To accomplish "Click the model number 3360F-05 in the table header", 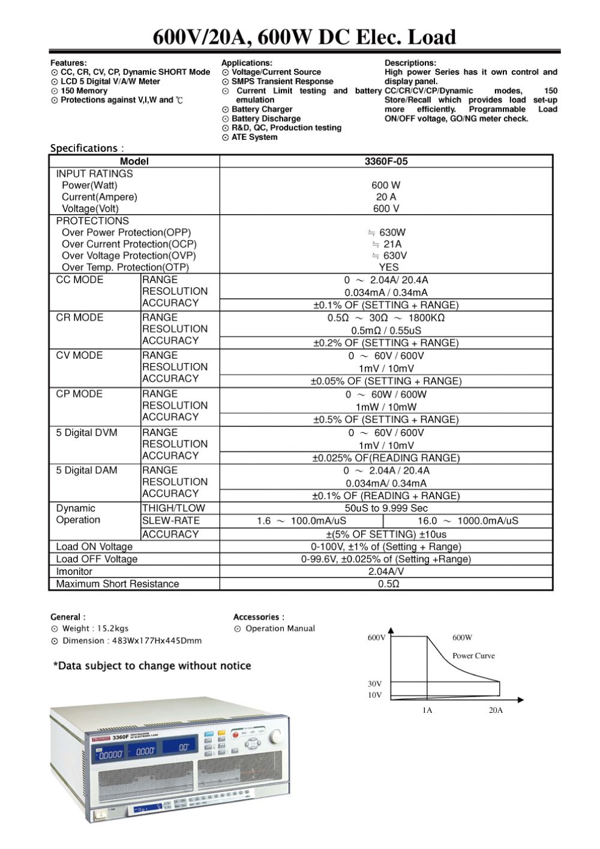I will pyautogui.click(x=386, y=161).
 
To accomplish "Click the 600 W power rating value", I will pyautogui.click(x=386, y=185).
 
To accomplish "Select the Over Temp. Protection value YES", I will pyautogui.click(x=388, y=268).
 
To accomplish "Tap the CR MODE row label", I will pyautogui.click(x=80, y=317).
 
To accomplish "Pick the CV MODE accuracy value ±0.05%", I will pyautogui.click(x=386, y=381).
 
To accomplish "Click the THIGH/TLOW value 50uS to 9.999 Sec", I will pyautogui.click(x=386, y=508).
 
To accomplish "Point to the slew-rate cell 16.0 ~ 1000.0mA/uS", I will pyautogui.click(x=468, y=521).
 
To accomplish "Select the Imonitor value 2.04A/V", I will pyautogui.click(x=386, y=572).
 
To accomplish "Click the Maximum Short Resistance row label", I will pyautogui.click(x=118, y=584).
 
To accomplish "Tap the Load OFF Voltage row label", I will pyautogui.click(x=97, y=559).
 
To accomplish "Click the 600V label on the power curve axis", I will pyautogui.click(x=376, y=638).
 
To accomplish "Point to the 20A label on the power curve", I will pyautogui.click(x=496, y=710).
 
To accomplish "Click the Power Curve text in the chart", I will pyautogui.click(x=473, y=656).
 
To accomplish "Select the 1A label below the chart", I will pyautogui.click(x=427, y=710).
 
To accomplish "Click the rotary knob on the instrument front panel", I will pyautogui.click(x=275, y=736).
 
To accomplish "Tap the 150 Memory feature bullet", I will pyautogui.click(x=84, y=91).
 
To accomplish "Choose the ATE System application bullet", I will pyautogui.click(x=254, y=137).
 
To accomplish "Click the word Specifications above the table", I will pyautogui.click(x=84, y=148).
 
